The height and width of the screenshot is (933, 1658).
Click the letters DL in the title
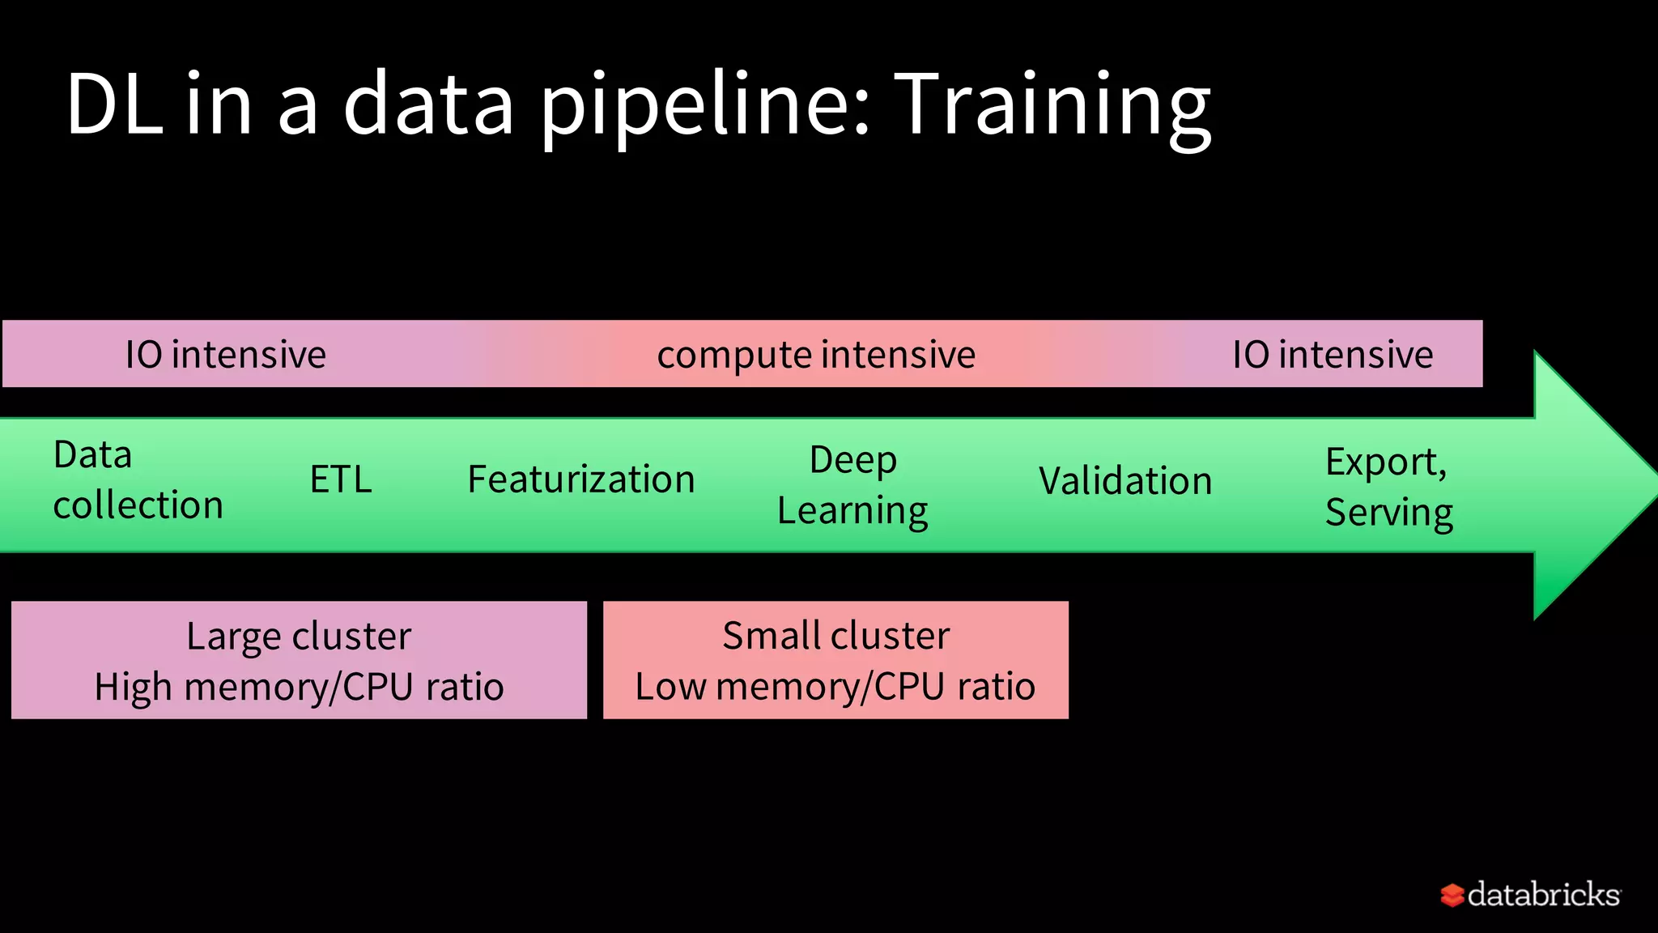point(114,105)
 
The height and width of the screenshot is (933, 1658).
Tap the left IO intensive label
point(225,355)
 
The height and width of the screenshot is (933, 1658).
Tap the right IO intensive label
point(1333,355)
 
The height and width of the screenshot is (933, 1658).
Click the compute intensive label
point(816,355)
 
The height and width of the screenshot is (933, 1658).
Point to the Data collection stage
point(138,479)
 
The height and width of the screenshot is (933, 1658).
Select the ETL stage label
point(341,479)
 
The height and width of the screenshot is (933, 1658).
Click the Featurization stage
point(581,479)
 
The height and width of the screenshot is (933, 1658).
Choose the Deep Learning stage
point(852,485)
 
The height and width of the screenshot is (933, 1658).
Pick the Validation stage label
point(1125,481)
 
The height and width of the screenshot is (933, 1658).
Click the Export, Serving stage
point(1388,487)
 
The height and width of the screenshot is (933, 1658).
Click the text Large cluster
point(299,636)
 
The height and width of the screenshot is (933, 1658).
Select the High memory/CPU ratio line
point(299,687)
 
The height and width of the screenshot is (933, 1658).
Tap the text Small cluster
point(835,635)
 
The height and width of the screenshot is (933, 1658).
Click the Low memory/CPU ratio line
point(835,687)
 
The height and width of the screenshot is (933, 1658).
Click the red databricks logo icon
point(1452,895)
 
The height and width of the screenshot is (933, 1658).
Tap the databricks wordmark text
point(1543,894)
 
